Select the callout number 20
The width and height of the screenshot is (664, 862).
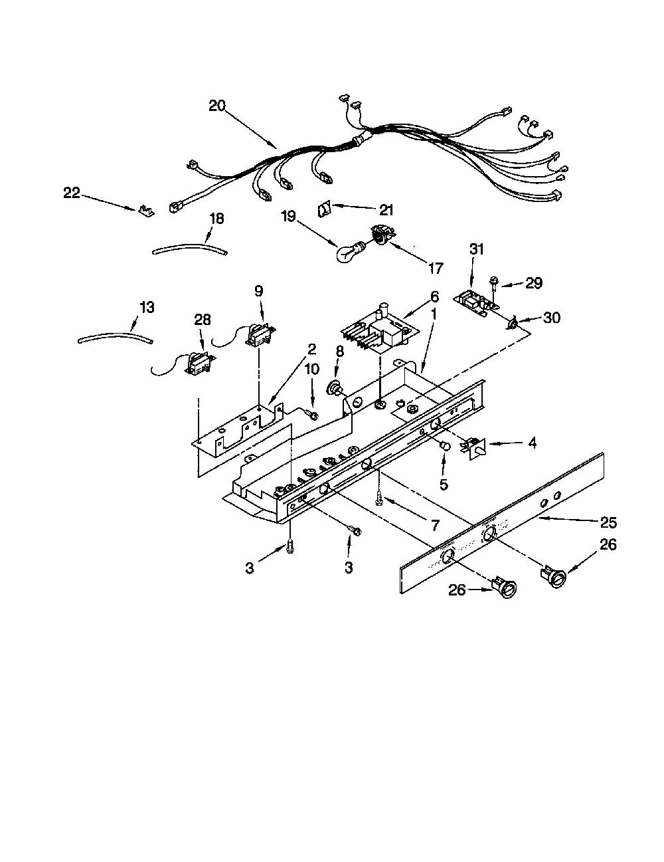pos(217,106)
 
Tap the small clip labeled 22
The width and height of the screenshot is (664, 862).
pos(146,209)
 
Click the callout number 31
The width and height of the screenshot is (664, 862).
pos(477,249)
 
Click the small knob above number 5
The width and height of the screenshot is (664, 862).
pos(445,446)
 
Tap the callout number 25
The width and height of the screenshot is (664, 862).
pos(608,523)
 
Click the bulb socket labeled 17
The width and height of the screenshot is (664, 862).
pos(380,236)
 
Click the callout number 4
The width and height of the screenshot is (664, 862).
pos(533,443)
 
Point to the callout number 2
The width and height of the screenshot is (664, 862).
pos(312,350)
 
